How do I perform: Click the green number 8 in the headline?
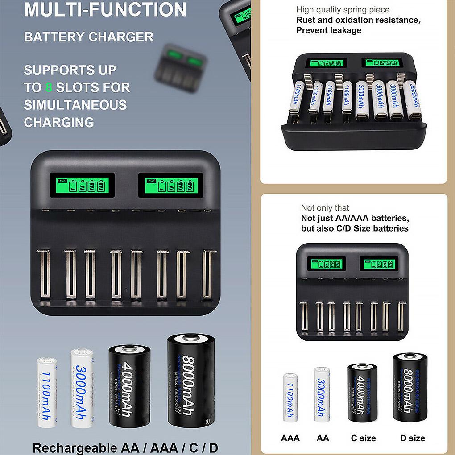49,87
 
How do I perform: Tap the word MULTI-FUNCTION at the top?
105,10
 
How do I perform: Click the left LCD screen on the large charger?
83,185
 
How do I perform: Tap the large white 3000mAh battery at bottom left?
82,388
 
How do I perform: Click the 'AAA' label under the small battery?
290,438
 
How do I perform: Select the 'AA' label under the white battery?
323,438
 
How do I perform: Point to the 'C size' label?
363,438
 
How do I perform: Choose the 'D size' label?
412,438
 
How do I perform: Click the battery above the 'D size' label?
410,387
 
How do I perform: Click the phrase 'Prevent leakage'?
329,30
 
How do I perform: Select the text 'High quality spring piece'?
343,10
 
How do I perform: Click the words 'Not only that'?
325,208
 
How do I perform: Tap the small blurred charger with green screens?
181,68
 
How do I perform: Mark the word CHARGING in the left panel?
59,122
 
